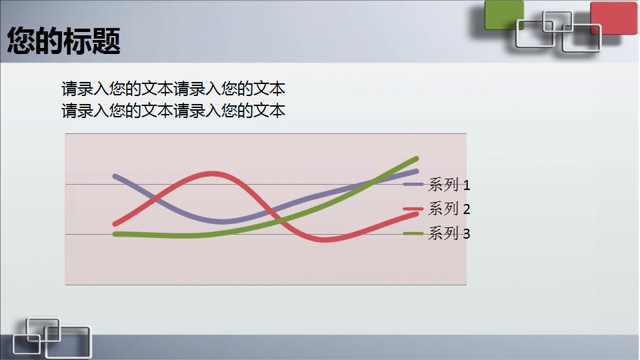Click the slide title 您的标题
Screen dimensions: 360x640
[64, 41]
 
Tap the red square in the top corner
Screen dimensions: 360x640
[614, 17]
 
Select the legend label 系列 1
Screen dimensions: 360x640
[449, 185]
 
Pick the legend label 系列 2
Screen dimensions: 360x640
[449, 209]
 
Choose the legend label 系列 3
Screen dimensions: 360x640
[449, 233]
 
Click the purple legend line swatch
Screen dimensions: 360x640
[414, 184]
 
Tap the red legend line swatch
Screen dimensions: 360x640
[413, 209]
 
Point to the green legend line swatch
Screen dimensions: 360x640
[413, 233]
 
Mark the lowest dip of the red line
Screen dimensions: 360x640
[325, 239]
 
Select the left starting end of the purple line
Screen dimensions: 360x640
[115, 176]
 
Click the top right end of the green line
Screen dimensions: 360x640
[416, 159]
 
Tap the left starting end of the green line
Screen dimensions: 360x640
[115, 234]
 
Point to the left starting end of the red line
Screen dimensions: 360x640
[115, 224]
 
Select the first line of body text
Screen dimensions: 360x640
[173, 89]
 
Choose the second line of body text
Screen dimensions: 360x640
[173, 111]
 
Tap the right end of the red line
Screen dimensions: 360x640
[417, 213]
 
